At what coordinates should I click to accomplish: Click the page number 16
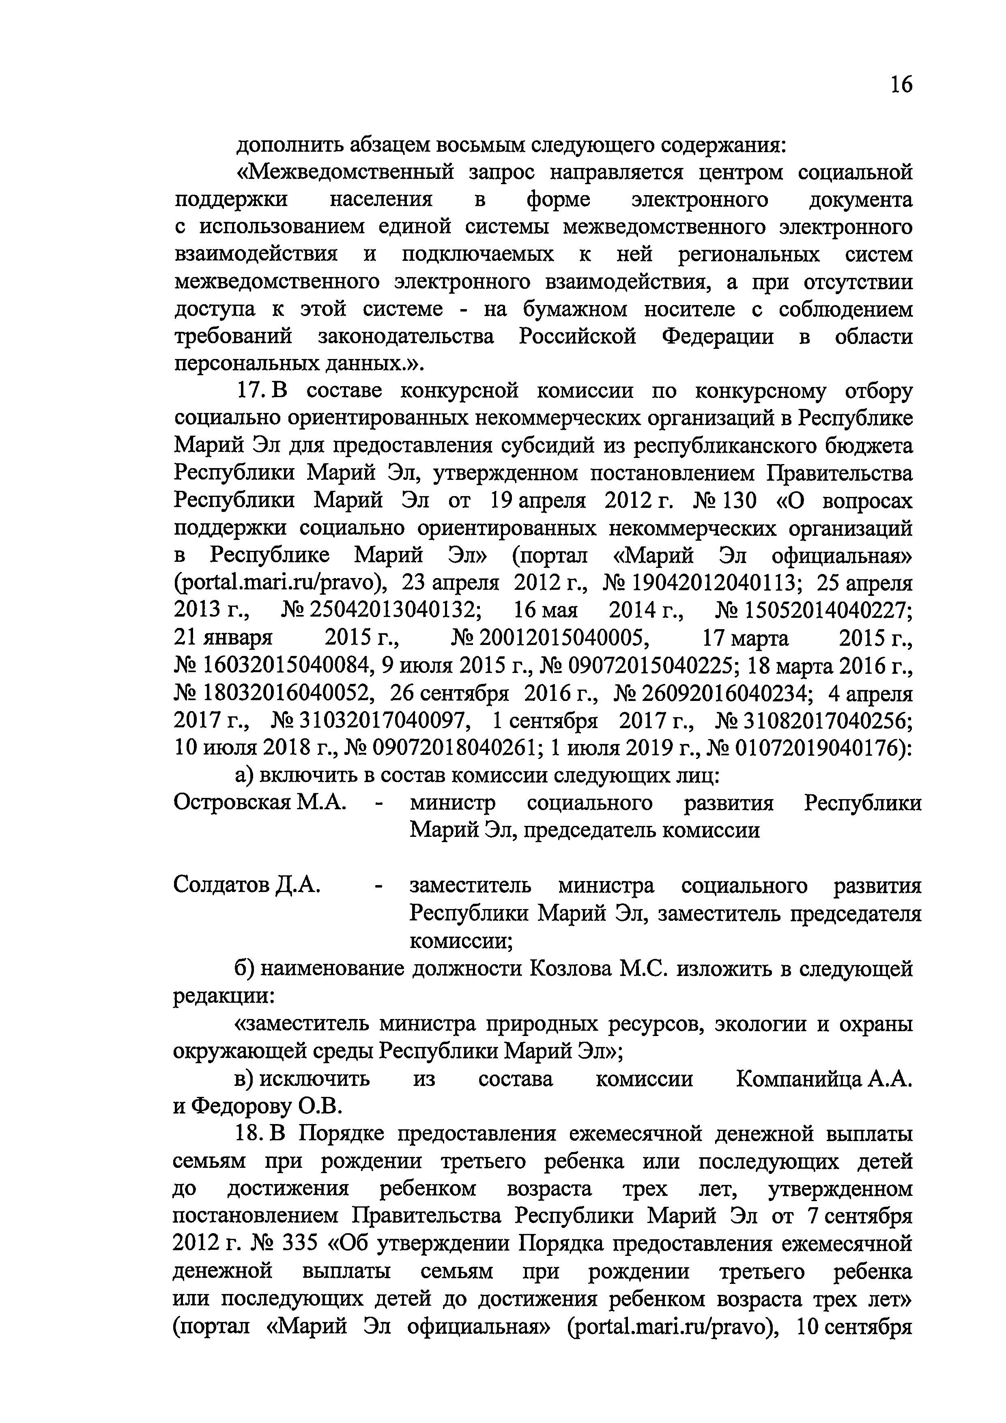click(901, 84)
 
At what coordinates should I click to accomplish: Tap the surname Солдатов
click(222, 885)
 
